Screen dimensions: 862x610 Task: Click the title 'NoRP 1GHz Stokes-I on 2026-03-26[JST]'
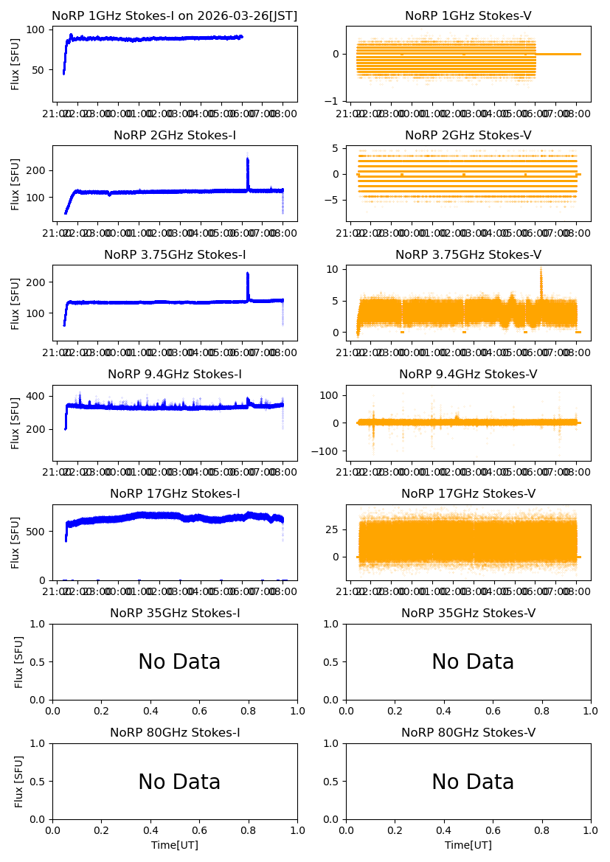[x=174, y=15]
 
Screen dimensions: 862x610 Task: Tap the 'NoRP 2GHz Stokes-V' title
[x=468, y=135]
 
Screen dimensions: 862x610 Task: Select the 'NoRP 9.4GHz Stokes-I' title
[x=174, y=374]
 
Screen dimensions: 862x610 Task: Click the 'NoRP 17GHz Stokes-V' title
[x=468, y=493]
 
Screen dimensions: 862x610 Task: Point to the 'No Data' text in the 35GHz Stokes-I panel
[x=179, y=662]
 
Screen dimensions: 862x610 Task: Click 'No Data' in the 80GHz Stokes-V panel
[x=473, y=782]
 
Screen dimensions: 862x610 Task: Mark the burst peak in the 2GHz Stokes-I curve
[x=247, y=159]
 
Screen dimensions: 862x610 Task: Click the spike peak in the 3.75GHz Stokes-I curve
[x=247, y=274]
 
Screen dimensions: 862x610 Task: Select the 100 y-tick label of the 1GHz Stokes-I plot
[x=38, y=30]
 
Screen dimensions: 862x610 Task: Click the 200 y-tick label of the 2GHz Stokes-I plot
[x=38, y=170]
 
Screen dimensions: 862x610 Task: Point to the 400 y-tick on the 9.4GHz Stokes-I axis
[x=38, y=396]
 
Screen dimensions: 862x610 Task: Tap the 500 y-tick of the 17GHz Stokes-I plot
[x=38, y=531]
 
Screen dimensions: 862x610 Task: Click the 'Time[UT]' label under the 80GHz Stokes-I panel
[x=175, y=845]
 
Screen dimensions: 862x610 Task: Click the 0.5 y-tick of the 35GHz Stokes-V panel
[x=331, y=662]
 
